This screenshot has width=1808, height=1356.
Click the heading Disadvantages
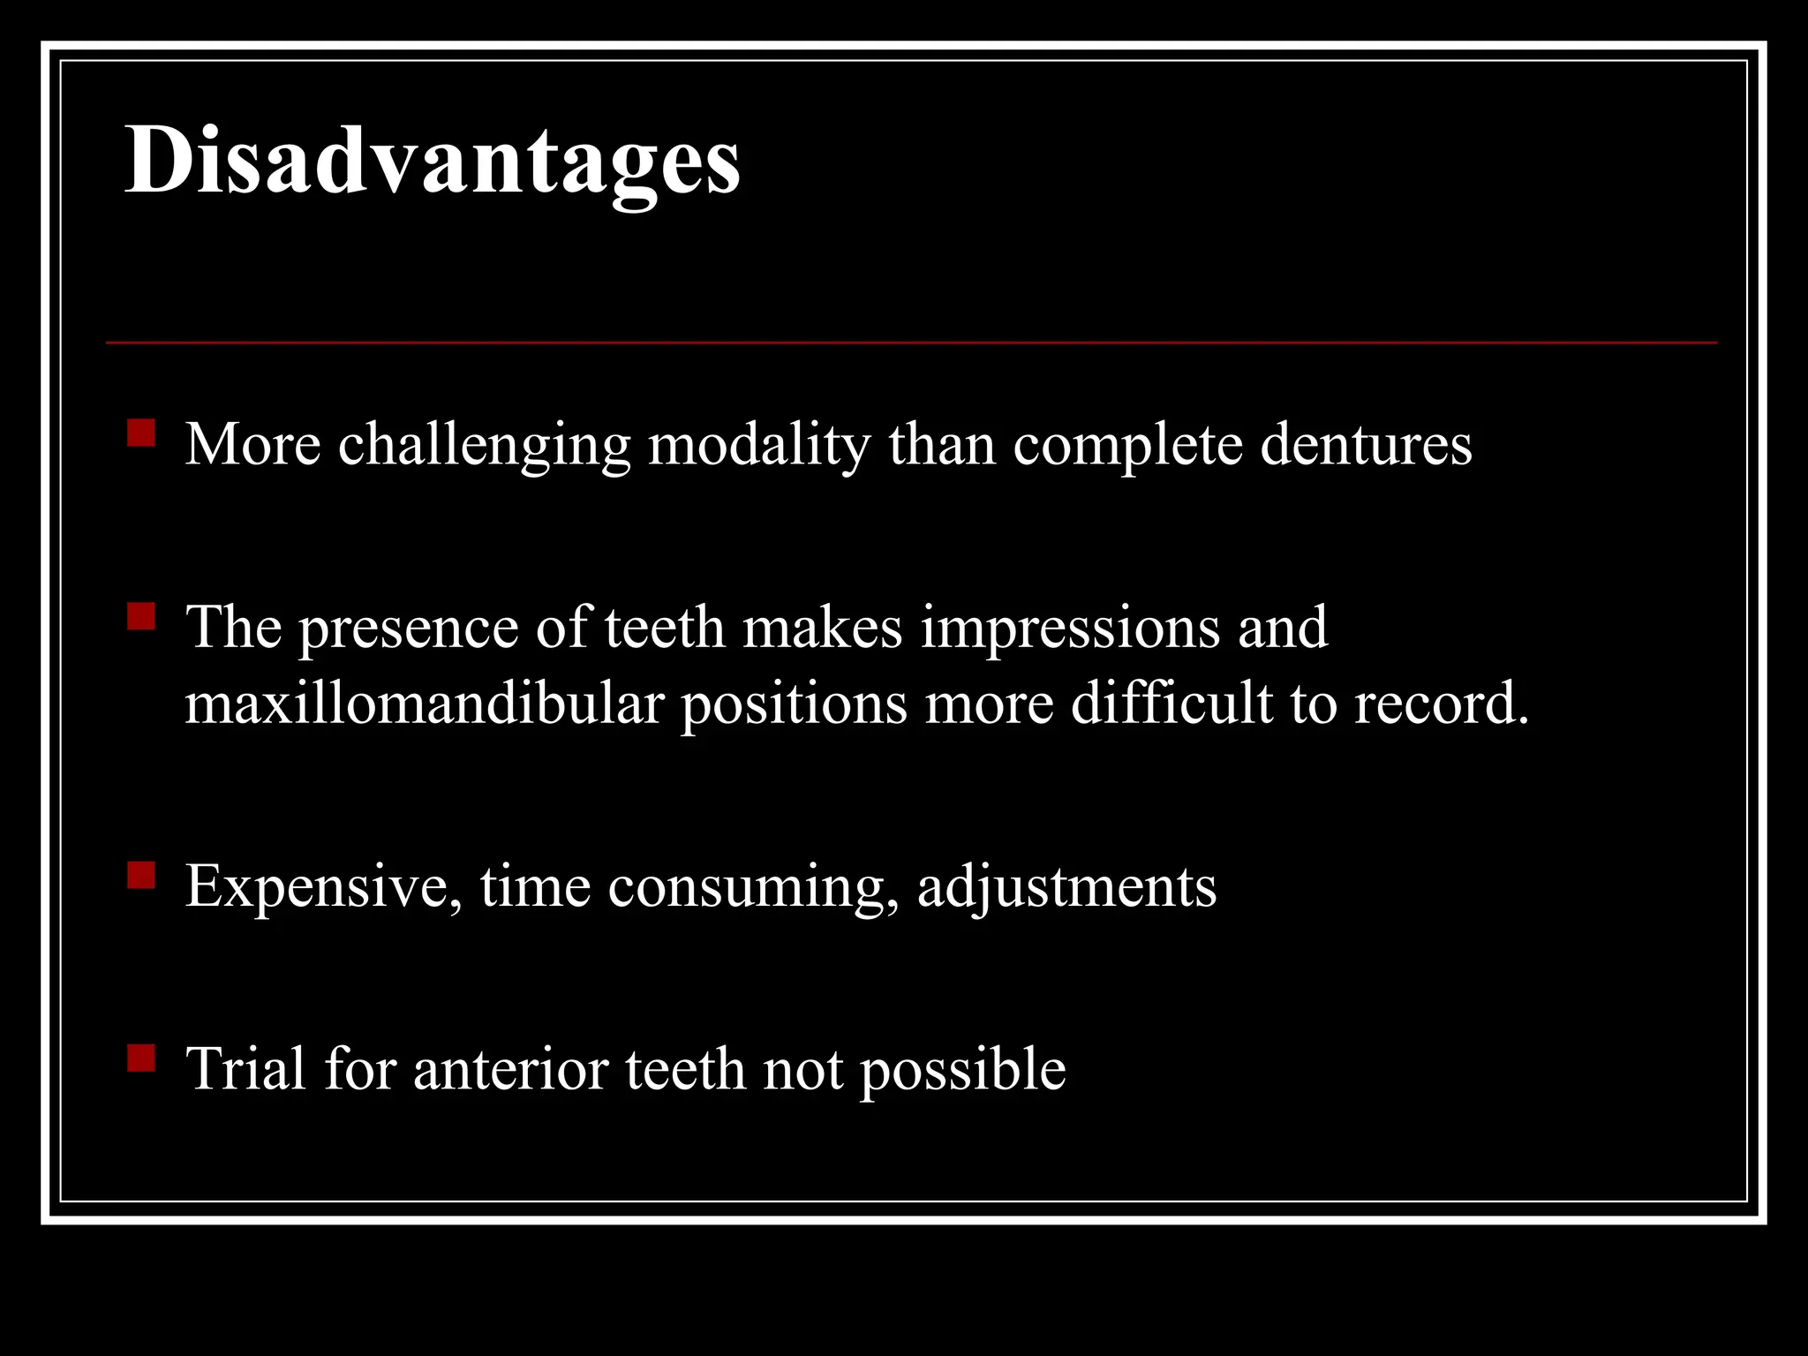tap(433, 161)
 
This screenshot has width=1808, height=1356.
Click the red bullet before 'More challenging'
tap(141, 433)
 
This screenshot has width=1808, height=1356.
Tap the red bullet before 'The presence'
tap(141, 616)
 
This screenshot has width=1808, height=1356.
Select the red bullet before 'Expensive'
tap(141, 875)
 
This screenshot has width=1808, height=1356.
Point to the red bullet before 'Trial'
tap(141, 1058)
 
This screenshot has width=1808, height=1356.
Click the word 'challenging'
tap(484, 446)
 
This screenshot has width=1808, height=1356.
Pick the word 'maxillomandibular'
tap(424, 704)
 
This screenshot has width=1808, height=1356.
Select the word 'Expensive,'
tap(323, 887)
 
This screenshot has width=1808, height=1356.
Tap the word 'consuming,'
tap(753, 887)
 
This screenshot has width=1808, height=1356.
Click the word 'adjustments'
tap(1066, 887)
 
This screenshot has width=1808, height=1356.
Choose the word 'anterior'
tap(510, 1069)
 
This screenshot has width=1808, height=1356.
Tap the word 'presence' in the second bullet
tap(408, 629)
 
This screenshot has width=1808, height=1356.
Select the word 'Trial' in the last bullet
tap(246, 1069)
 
